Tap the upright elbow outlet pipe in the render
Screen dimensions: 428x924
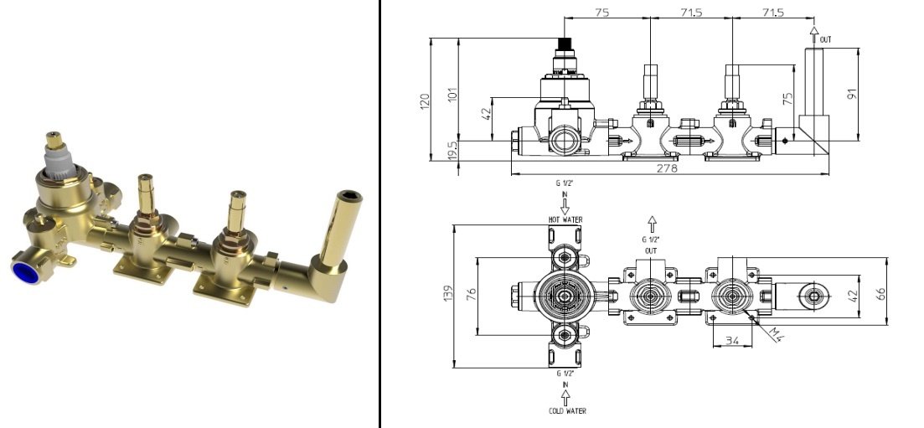click(x=346, y=226)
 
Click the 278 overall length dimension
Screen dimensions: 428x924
click(x=668, y=168)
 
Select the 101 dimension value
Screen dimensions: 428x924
click(x=453, y=93)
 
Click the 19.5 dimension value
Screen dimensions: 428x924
click(x=452, y=152)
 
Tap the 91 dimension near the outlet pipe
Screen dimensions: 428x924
click(x=853, y=95)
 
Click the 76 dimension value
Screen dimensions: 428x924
click(x=471, y=295)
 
